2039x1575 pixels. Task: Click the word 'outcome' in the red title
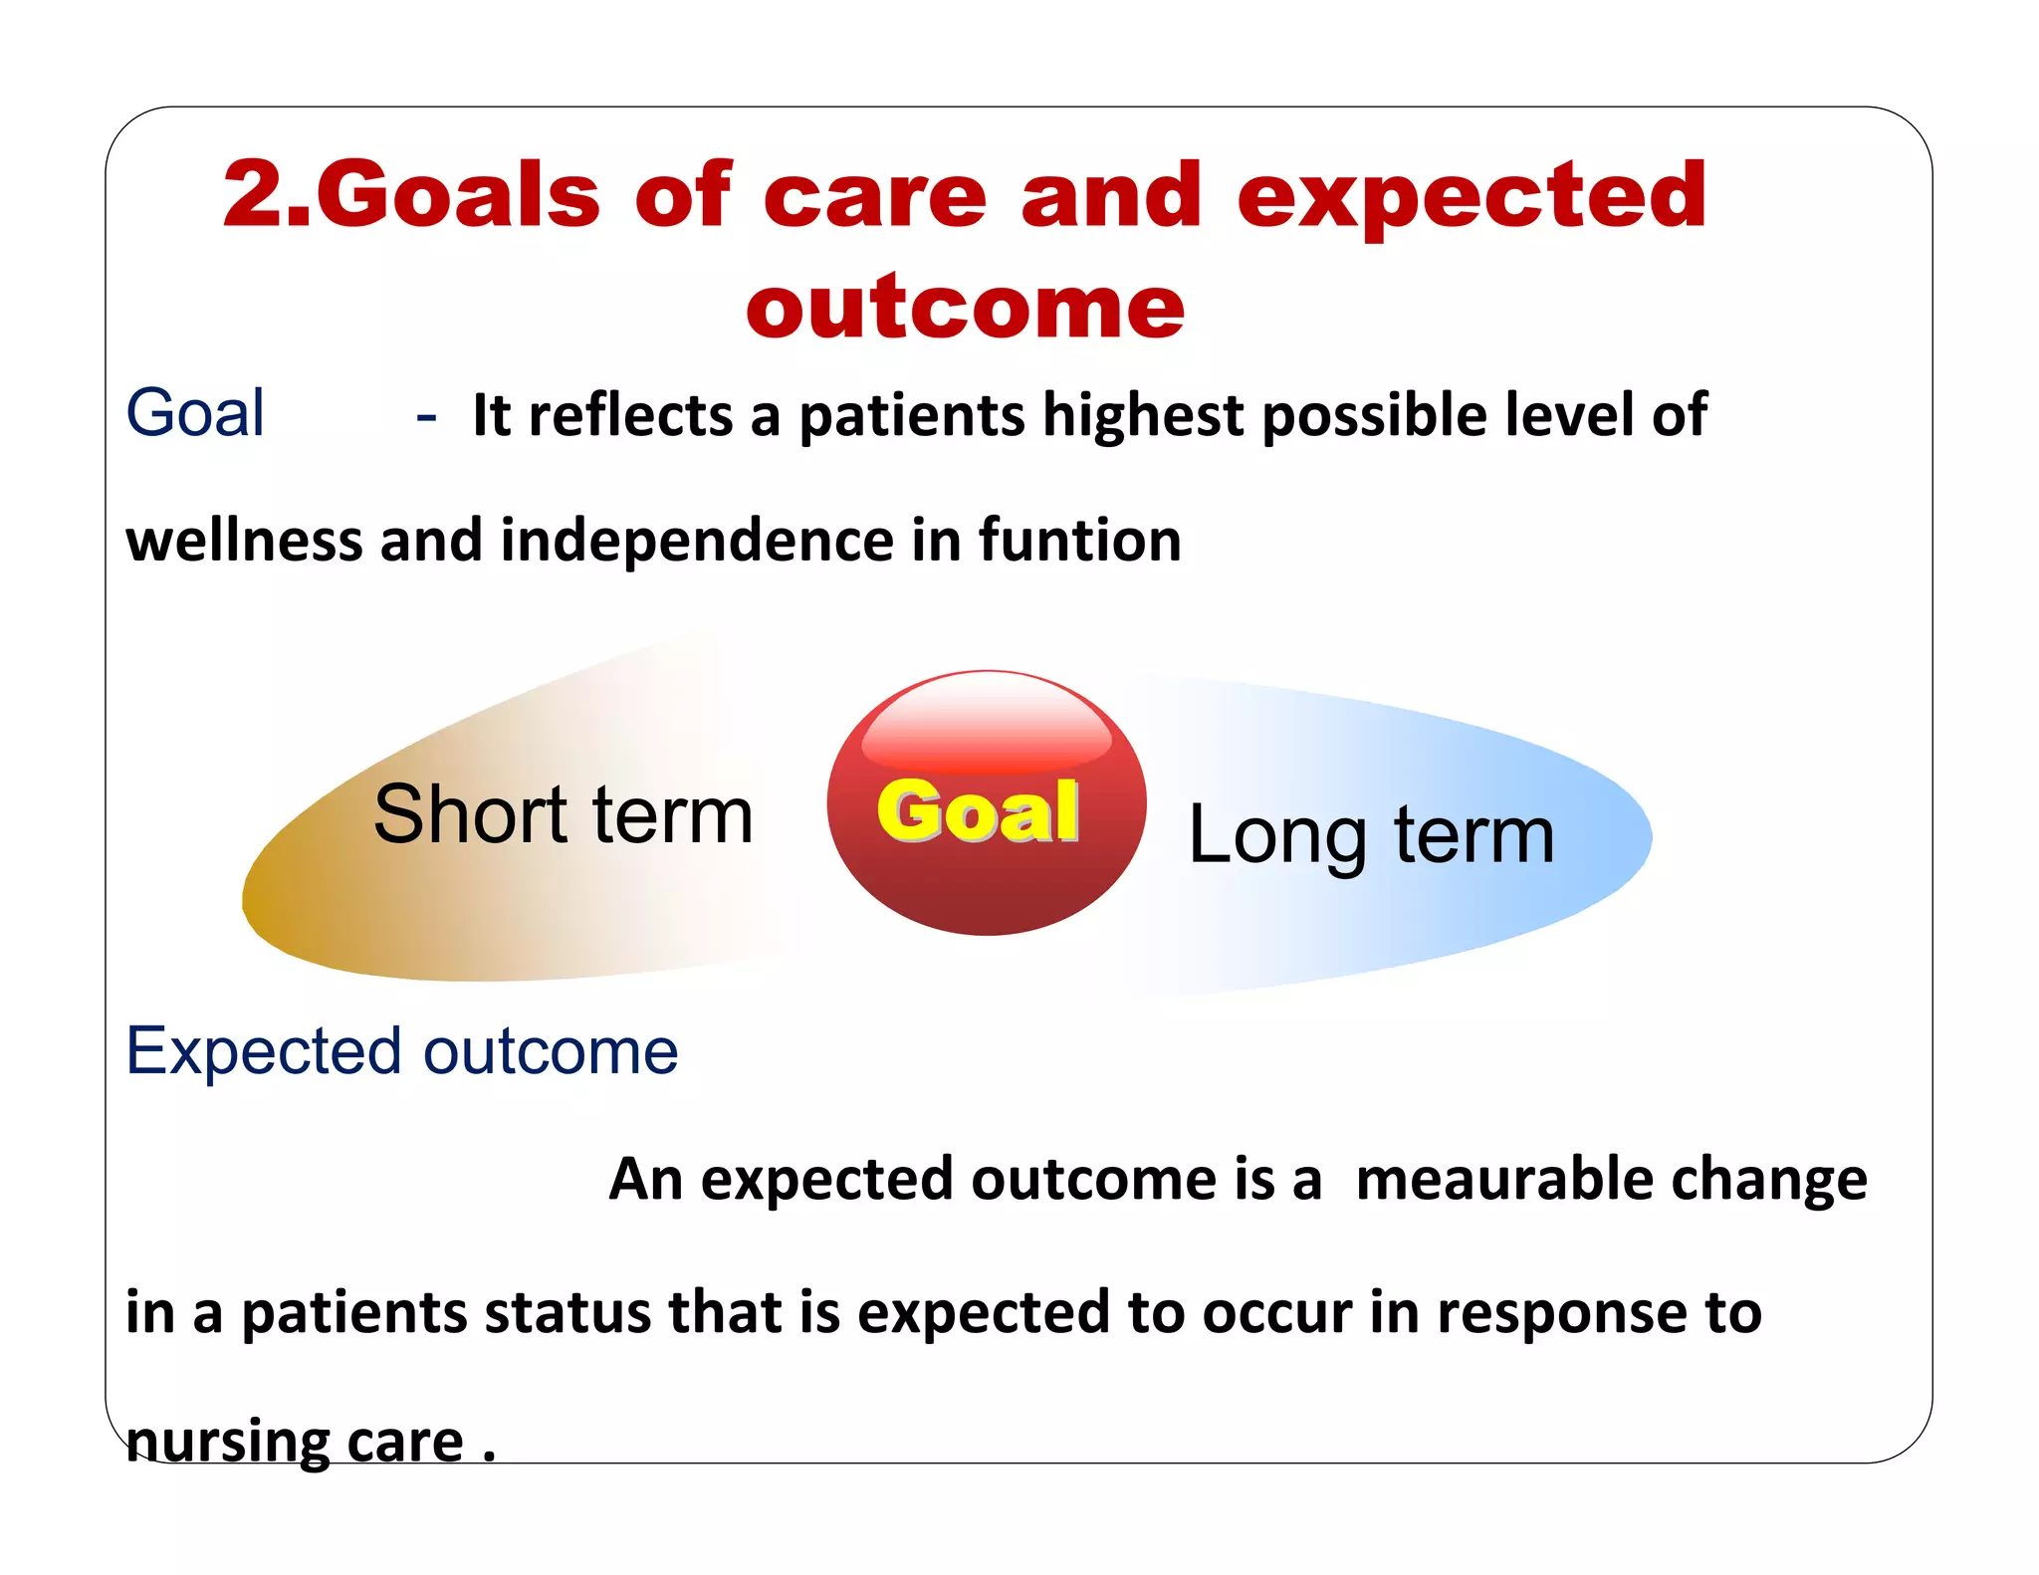pos(965,306)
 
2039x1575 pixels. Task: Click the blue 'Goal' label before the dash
pos(195,412)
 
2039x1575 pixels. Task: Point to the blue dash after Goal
pos(426,416)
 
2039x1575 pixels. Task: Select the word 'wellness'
pos(244,540)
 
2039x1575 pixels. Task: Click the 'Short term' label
pos(563,814)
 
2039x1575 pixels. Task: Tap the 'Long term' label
pos(1371,834)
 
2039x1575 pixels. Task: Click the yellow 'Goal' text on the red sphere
pos(978,811)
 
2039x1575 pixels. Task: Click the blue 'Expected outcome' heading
pos(401,1051)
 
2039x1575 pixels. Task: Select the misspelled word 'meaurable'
pos(1496,1179)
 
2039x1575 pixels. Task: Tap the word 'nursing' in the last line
pos(227,1441)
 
